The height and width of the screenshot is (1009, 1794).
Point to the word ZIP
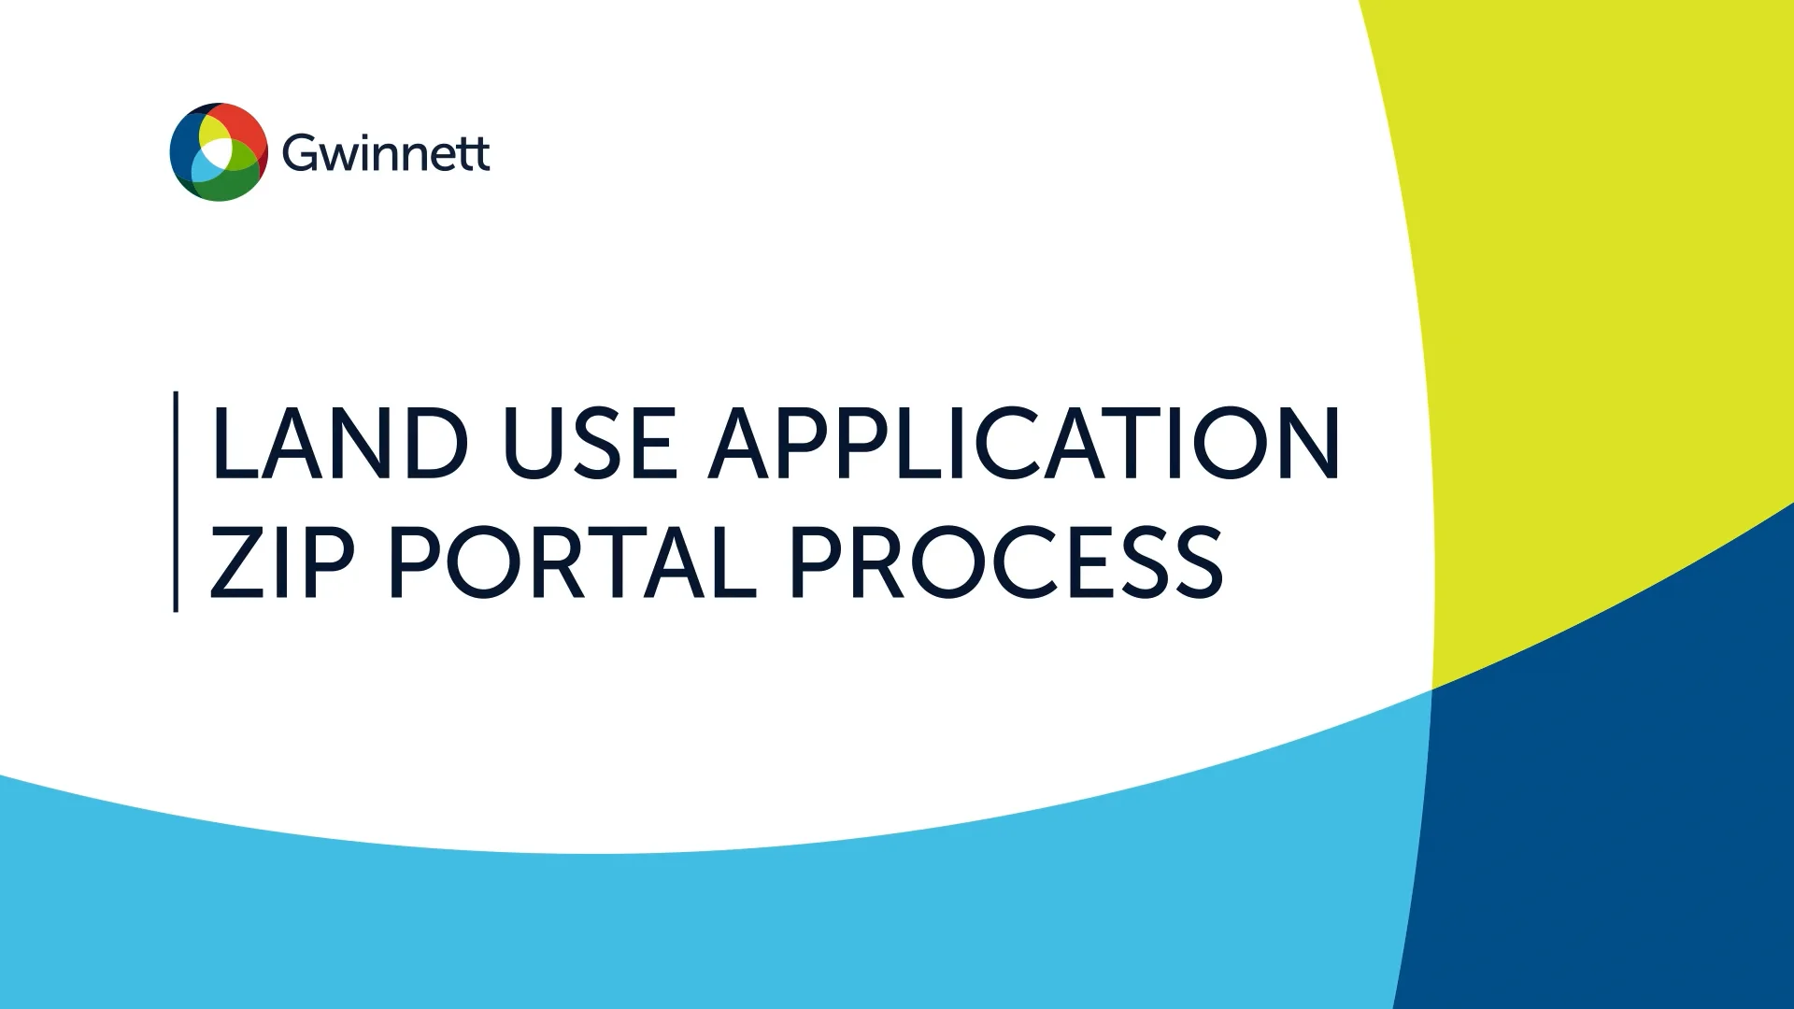click(281, 561)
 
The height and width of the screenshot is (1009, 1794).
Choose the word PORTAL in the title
click(573, 561)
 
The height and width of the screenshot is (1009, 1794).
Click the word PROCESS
click(1007, 561)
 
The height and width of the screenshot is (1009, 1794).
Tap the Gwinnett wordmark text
click(385, 153)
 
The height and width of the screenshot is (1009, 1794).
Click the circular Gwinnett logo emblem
click(219, 152)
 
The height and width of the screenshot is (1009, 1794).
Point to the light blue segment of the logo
click(205, 167)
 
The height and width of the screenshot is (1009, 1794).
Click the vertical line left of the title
click(176, 502)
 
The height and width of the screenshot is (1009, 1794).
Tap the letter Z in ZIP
click(235, 561)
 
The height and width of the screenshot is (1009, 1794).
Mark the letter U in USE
click(531, 444)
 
